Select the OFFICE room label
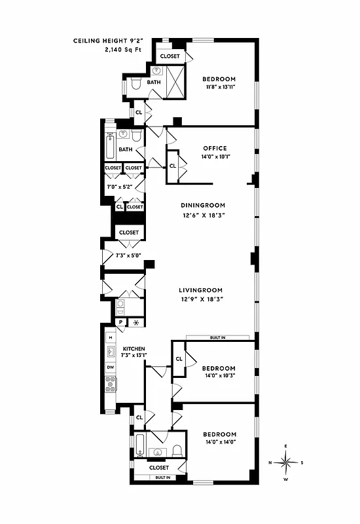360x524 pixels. pos(215,148)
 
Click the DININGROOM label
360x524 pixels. pos(202,205)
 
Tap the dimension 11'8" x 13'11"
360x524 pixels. pos(219,86)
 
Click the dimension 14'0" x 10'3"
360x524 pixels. pos(218,376)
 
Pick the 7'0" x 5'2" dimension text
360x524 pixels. pos(118,187)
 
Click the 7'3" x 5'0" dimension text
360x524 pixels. pos(128,255)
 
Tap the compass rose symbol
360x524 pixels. pos(287,462)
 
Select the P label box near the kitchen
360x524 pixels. pos(121,322)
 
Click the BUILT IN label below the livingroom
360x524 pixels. pos(218,337)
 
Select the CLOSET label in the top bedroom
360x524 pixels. pos(170,56)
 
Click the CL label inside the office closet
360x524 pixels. pos(173,165)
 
